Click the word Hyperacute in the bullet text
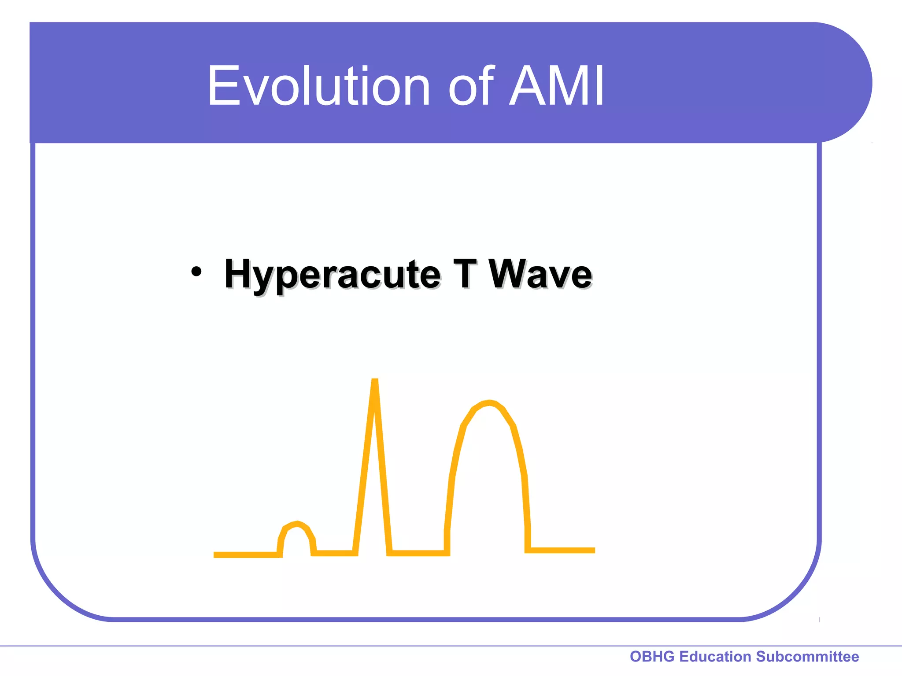(x=332, y=275)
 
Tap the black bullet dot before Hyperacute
(x=196, y=272)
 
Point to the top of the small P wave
(x=298, y=523)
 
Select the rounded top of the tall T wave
(x=489, y=403)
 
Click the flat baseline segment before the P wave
(x=247, y=555)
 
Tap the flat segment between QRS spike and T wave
(x=418, y=553)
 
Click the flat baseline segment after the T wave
(x=562, y=550)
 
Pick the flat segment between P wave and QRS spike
(x=335, y=553)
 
